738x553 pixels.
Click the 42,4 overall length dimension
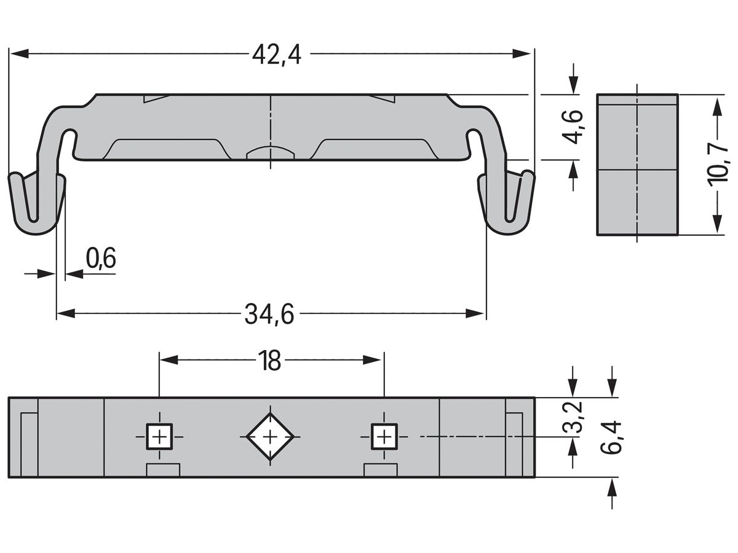(x=277, y=55)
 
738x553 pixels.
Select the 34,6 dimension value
(x=269, y=315)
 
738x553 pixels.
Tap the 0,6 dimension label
(x=101, y=259)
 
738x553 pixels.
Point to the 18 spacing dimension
(x=269, y=361)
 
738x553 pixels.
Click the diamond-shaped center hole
(x=270, y=437)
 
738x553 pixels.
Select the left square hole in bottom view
(x=159, y=437)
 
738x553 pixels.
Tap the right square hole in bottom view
(x=384, y=437)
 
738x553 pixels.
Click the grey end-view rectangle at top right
(x=637, y=165)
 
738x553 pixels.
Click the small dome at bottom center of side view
(x=270, y=153)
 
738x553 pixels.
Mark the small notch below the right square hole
(x=381, y=471)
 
